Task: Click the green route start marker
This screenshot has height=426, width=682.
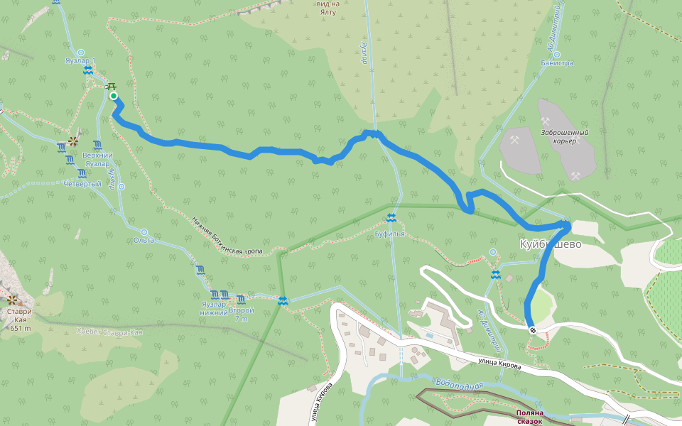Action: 113,96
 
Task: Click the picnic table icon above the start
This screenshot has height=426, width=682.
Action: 111,86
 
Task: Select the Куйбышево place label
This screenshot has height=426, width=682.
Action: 549,244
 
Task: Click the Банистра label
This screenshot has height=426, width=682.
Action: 557,63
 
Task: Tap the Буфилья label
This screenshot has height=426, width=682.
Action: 390,234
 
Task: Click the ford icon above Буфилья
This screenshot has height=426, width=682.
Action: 391,217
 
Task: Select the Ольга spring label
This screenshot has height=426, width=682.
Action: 144,241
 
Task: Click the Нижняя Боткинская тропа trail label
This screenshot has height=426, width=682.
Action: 227,236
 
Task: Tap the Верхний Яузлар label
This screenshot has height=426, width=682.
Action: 97,159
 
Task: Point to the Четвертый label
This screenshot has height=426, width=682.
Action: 82,184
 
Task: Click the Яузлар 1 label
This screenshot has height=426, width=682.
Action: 78,61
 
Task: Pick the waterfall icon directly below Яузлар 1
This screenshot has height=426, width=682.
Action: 87,70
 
